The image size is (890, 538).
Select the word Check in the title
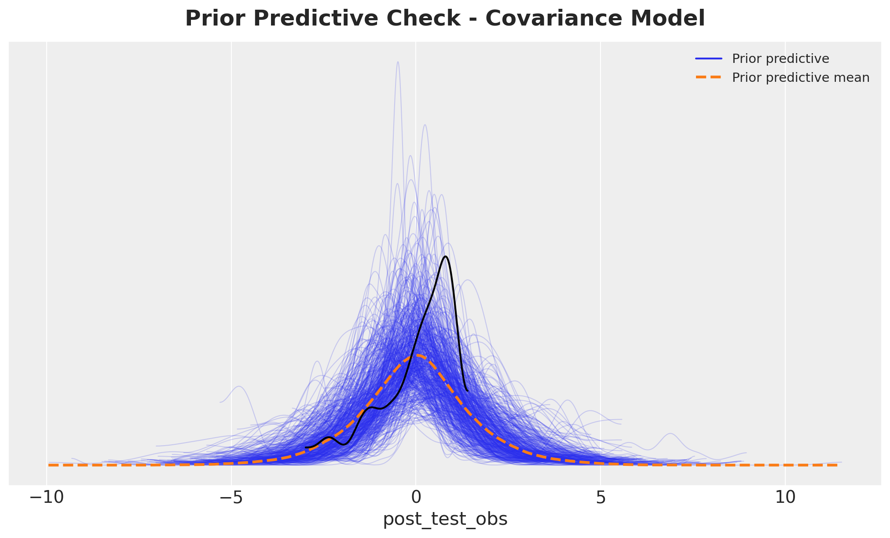(425, 19)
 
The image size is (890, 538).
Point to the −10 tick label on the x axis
(47, 498)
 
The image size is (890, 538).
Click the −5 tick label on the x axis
(231, 498)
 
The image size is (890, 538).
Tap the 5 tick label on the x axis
(601, 498)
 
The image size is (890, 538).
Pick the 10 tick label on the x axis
(785, 498)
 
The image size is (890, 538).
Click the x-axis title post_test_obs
(445, 520)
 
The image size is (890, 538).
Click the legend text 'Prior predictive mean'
(801, 78)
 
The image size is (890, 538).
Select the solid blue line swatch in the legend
(709, 59)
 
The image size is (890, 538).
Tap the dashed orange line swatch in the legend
(709, 78)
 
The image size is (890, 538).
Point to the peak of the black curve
(446, 256)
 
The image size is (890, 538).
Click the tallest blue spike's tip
(398, 62)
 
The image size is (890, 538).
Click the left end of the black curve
(306, 447)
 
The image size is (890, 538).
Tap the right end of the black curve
(467, 391)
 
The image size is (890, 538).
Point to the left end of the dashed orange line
(49, 465)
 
